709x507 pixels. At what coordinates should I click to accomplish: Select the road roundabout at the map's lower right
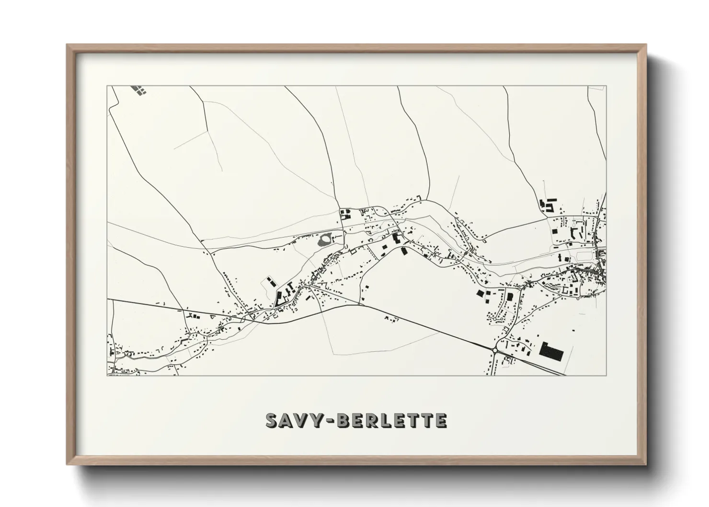point(495,350)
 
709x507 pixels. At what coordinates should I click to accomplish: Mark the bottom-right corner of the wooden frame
point(646,464)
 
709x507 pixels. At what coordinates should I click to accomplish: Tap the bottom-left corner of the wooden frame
point(67,464)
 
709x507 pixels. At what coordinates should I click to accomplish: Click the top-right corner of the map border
point(606,86)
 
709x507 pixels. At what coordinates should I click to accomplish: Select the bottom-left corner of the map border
point(107,375)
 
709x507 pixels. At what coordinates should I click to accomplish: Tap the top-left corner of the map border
point(107,86)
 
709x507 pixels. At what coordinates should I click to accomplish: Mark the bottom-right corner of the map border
point(606,375)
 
